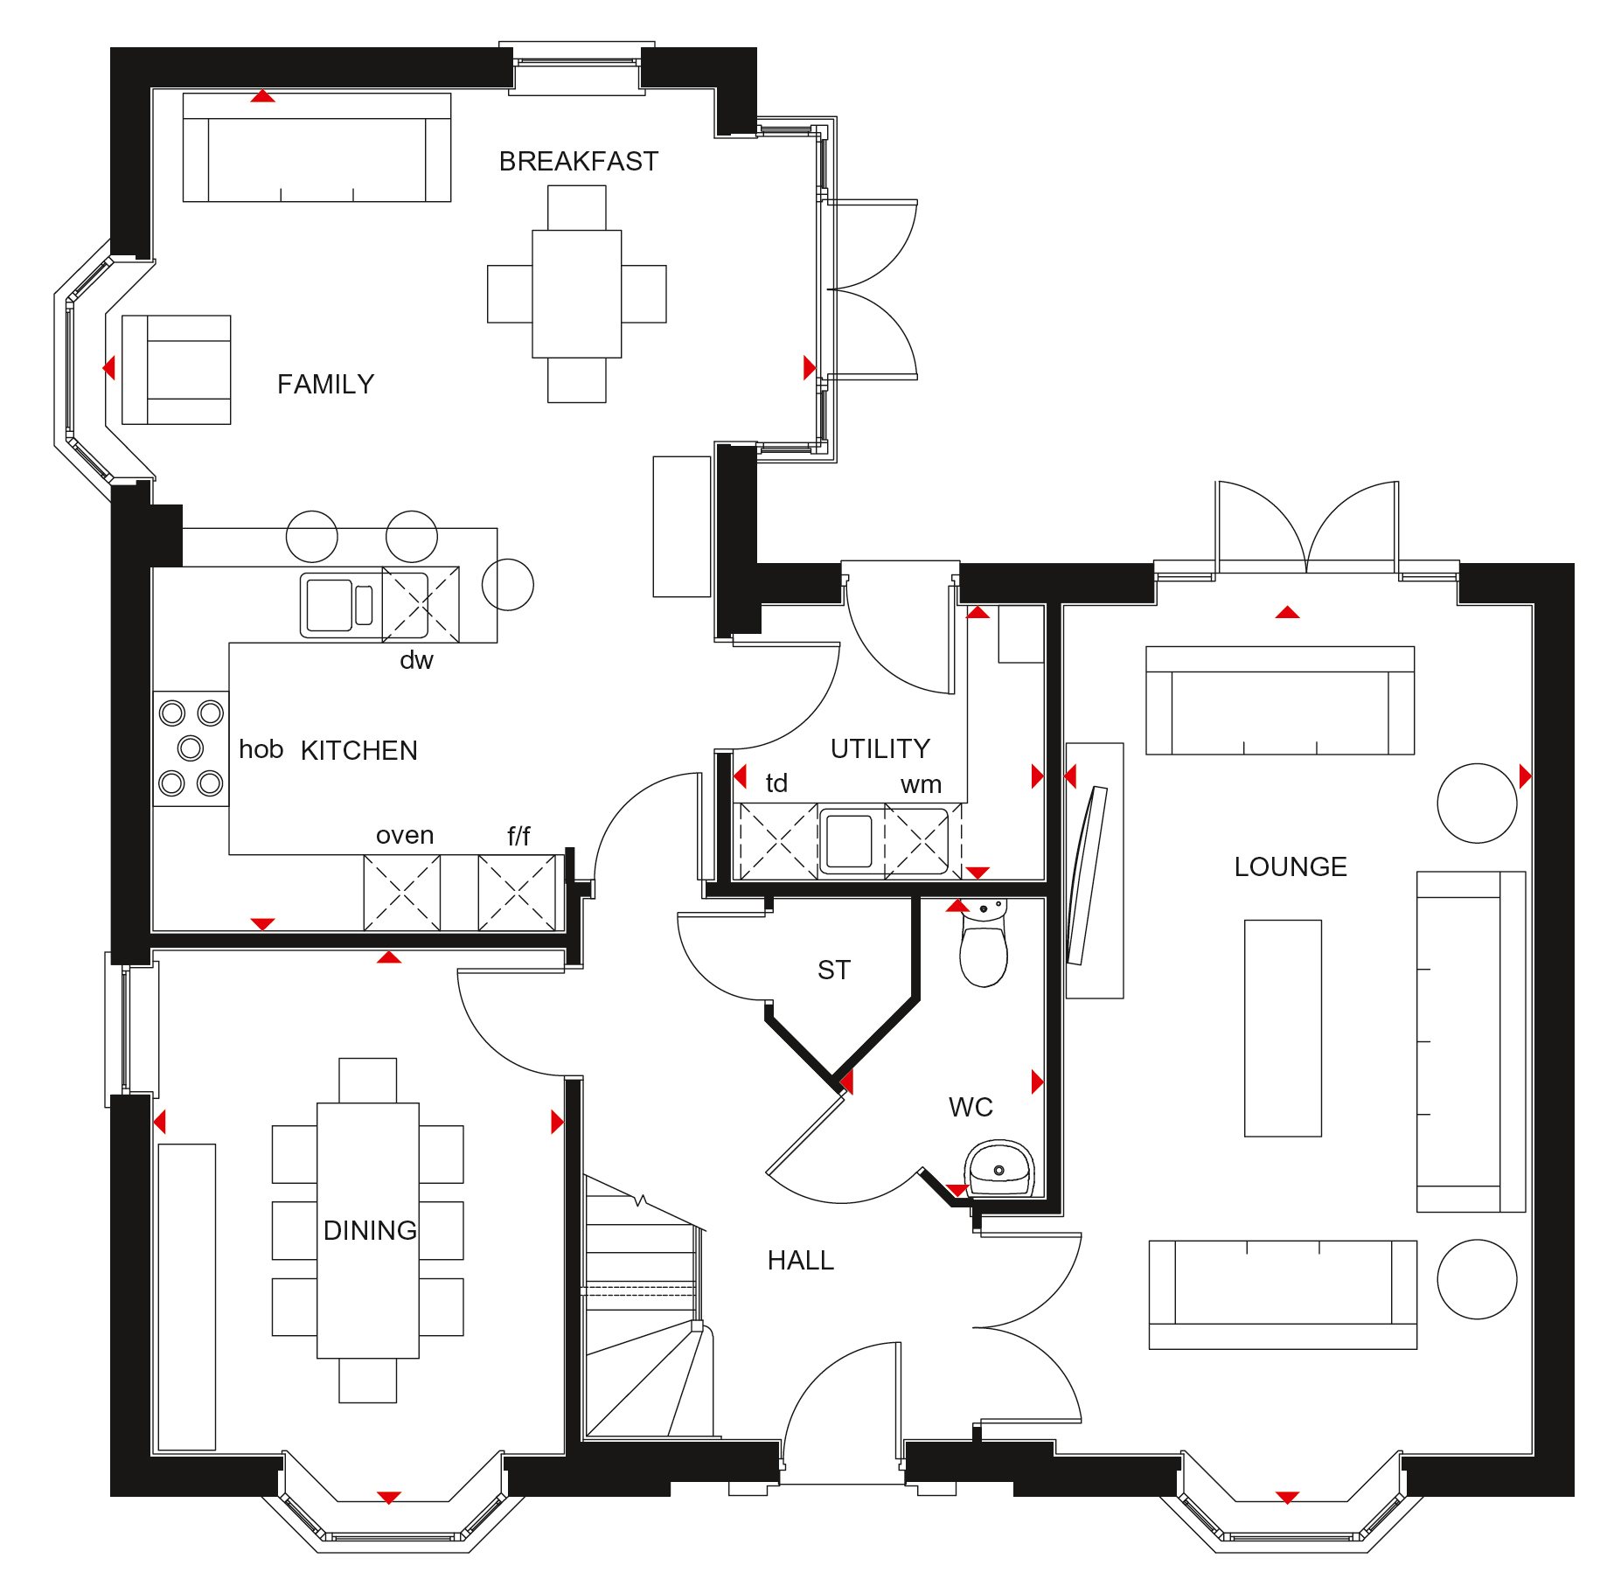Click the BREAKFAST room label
pos(578,162)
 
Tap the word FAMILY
pos(325,385)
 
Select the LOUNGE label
pos(1291,867)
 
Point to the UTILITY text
pos(880,748)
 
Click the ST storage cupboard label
pos(833,970)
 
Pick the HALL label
pos(800,1261)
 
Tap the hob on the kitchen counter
pos(191,748)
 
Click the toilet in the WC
pos(984,944)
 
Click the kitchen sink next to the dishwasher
pos(341,604)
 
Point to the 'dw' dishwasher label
pos(416,660)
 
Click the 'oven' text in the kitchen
pos(405,836)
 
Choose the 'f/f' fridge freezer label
pos(518,837)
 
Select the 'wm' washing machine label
pos(921,785)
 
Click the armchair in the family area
pos(177,370)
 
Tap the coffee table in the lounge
pos(1283,1028)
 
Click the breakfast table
pos(577,294)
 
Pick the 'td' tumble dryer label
pos(776,783)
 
